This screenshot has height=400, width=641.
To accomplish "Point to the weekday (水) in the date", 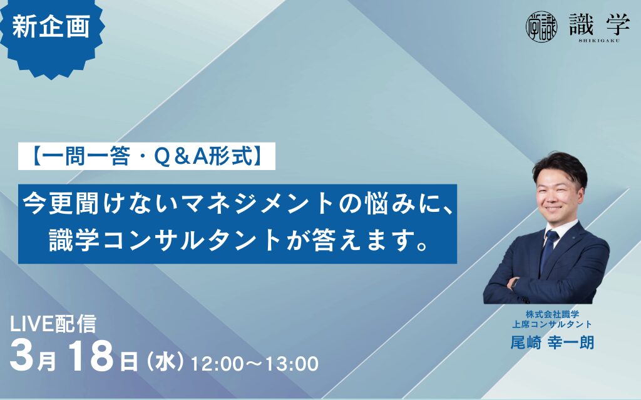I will pyautogui.click(x=164, y=360).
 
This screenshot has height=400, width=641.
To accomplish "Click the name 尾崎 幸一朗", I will pyautogui.click(x=551, y=342).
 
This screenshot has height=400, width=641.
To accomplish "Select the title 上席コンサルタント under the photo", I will pyautogui.click(x=551, y=324).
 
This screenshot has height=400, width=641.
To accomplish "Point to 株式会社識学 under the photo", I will pyautogui.click(x=551, y=314).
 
